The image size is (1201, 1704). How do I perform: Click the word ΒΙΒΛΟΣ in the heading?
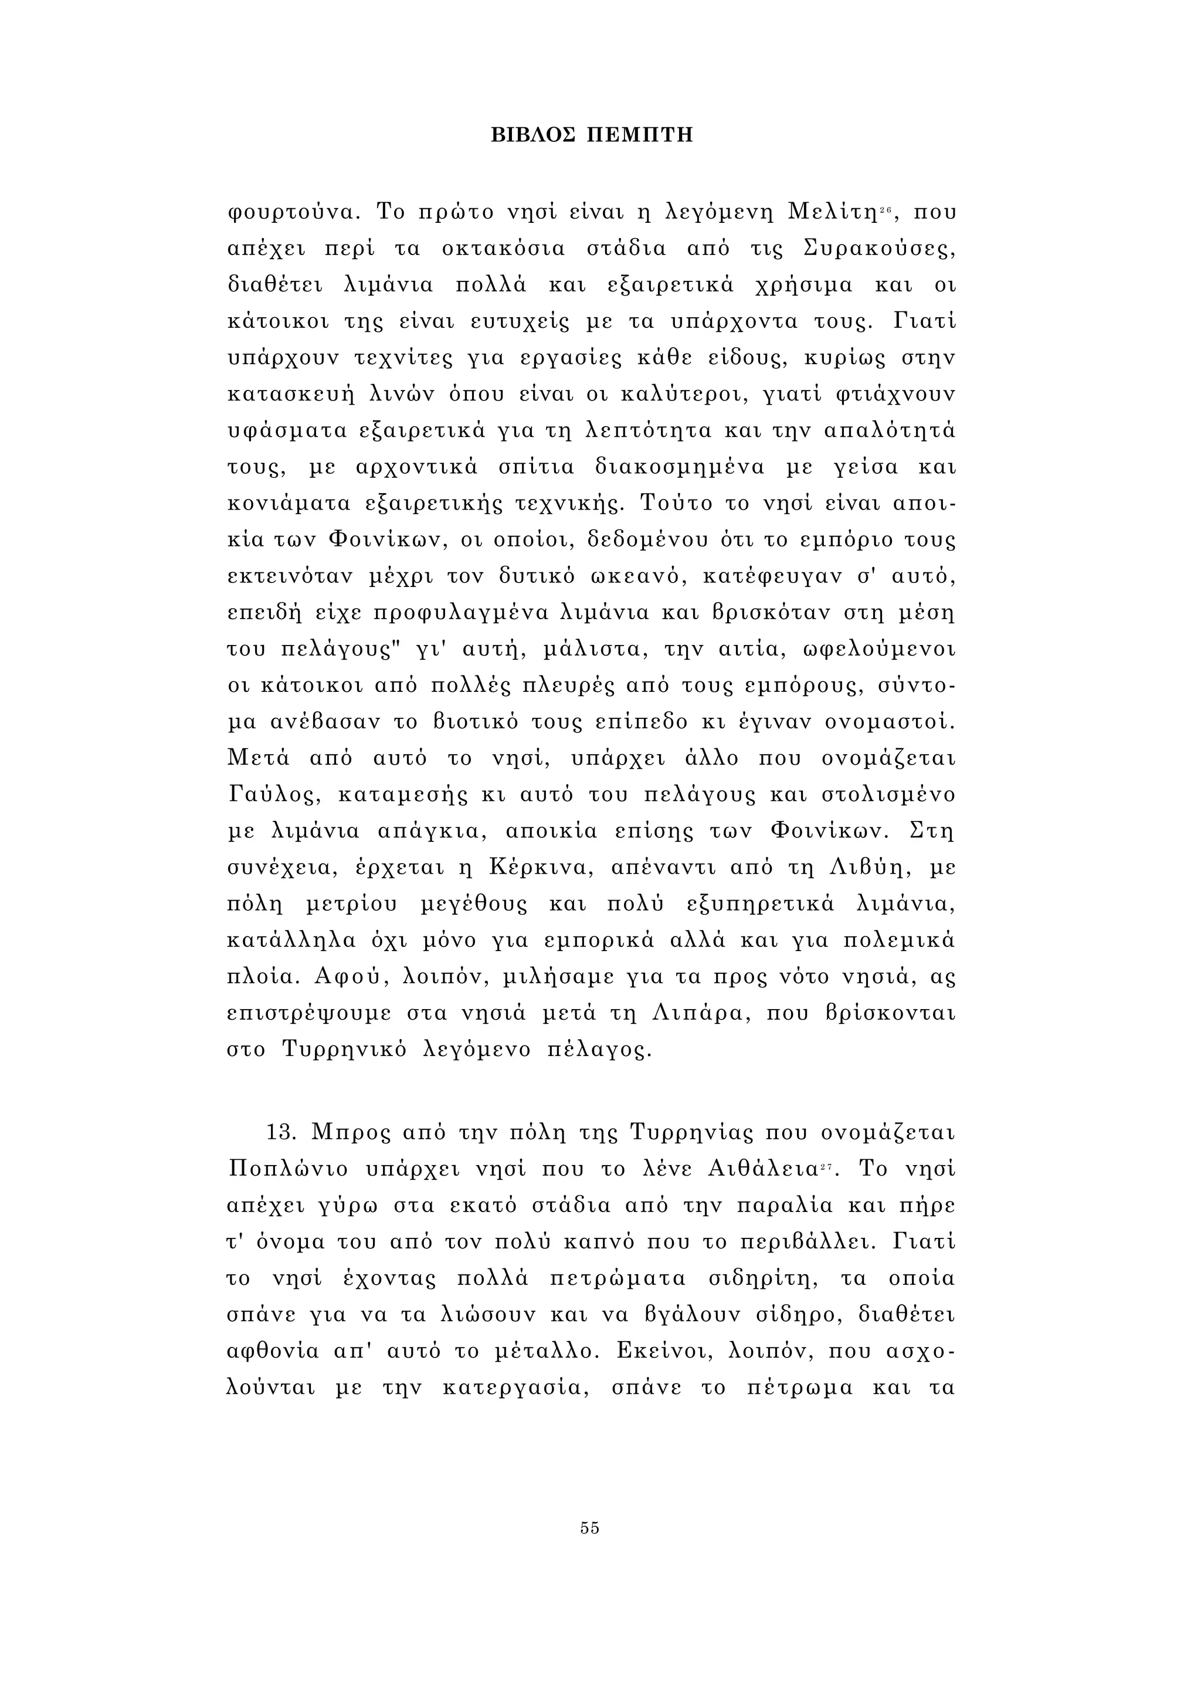click(x=532, y=135)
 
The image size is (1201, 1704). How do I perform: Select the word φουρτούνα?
click(x=293, y=213)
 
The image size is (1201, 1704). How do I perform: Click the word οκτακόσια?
click(x=503, y=249)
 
